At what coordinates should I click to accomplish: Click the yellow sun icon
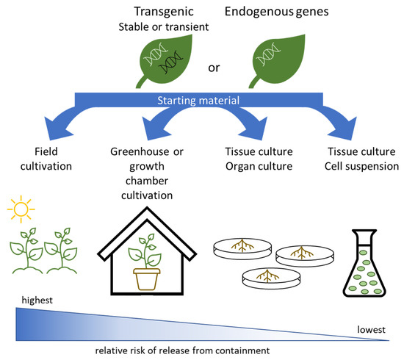[23, 213]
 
